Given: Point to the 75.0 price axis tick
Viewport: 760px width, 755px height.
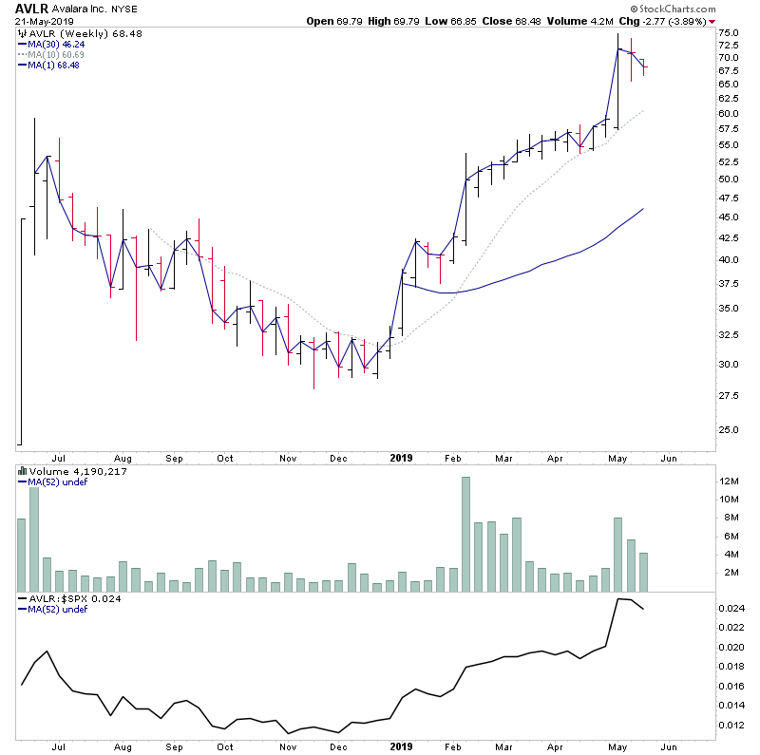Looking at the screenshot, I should coord(730,33).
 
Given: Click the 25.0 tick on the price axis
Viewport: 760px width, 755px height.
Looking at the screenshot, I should coord(730,429).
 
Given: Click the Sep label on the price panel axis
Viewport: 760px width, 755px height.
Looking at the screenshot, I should coord(174,458).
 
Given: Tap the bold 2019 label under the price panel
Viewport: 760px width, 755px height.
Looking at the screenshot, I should coord(401,458).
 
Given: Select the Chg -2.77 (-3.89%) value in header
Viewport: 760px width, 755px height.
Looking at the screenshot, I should coord(668,21).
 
